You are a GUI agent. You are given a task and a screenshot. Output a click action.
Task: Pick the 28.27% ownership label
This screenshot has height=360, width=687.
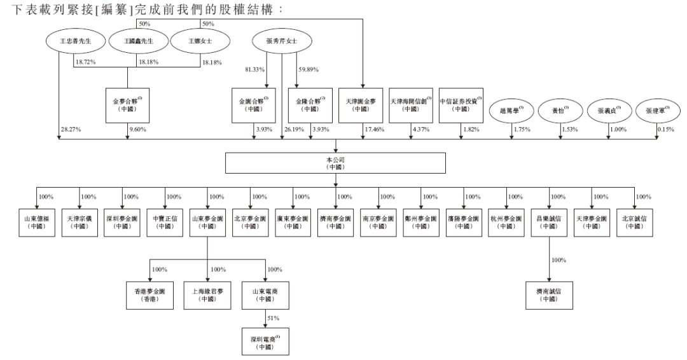click(x=68, y=130)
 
